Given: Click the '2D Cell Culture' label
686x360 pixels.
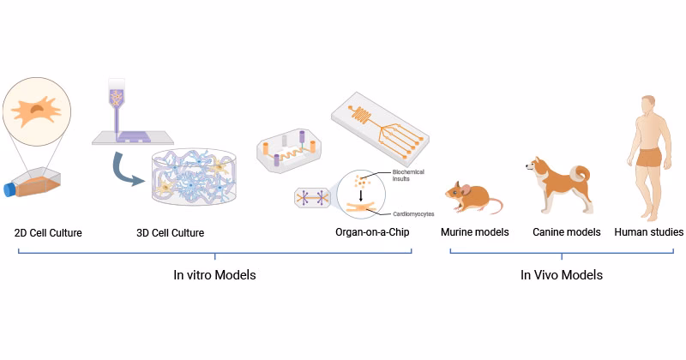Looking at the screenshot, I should (x=48, y=232).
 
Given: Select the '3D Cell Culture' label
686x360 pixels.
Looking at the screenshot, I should (x=171, y=232).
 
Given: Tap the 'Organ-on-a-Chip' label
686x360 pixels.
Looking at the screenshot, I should (x=375, y=232).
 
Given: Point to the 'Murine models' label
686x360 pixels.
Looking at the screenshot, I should (x=475, y=232).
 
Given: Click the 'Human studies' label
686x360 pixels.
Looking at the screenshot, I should (x=648, y=232).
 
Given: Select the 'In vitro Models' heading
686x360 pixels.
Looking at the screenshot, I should (x=214, y=275).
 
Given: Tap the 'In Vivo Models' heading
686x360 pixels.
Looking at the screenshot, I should (x=562, y=275).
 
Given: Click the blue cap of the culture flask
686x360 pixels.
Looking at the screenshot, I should (x=10, y=189).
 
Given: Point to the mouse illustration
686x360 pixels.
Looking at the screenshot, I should (x=472, y=200).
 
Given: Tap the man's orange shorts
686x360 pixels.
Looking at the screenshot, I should (x=649, y=158).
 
